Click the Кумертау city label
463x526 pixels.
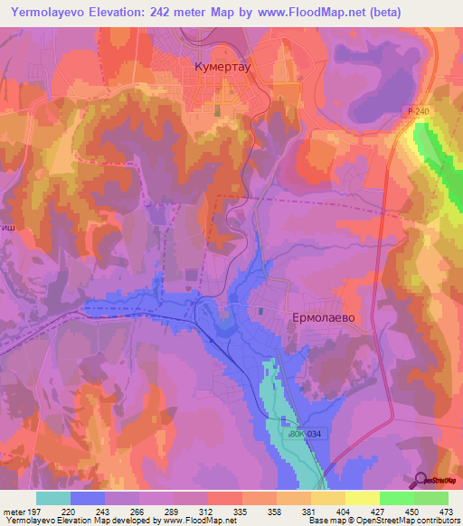(x=223, y=67)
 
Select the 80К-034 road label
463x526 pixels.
(x=305, y=435)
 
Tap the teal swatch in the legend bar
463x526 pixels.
(x=53, y=498)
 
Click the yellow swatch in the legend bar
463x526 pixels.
(x=362, y=498)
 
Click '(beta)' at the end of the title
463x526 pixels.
(x=381, y=10)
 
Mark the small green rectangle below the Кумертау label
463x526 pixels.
(x=217, y=109)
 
